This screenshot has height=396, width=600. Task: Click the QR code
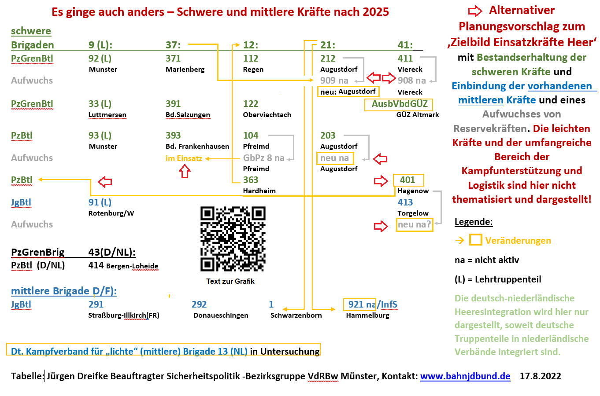[233, 238]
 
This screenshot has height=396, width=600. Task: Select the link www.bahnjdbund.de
[465, 376]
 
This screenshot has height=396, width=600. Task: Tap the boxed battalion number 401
[407, 180]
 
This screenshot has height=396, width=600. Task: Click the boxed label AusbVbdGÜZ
[400, 104]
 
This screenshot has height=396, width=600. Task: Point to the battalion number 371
[173, 59]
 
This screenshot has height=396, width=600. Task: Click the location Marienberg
[185, 70]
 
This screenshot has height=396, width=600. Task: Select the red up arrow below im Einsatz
[185, 172]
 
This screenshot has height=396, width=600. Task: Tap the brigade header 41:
[405, 45]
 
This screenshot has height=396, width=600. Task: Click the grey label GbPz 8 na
[264, 158]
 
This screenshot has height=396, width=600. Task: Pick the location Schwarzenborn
[296, 315]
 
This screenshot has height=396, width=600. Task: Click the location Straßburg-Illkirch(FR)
[124, 315]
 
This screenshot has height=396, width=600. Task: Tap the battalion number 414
[96, 265]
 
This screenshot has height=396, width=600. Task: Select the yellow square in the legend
[475, 240]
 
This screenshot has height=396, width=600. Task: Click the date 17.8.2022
[540, 376]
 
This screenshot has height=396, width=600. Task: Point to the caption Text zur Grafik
[230, 281]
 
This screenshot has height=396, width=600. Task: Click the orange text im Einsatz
[184, 158]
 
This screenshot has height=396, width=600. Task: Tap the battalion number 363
[251, 180]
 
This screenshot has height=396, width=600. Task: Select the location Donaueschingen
[221, 315]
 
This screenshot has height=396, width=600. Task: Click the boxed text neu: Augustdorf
[348, 92]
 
